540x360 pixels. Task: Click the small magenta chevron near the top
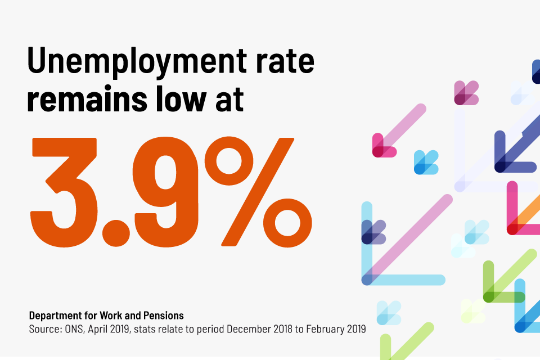466,93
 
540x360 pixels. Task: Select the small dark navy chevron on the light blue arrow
373,232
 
